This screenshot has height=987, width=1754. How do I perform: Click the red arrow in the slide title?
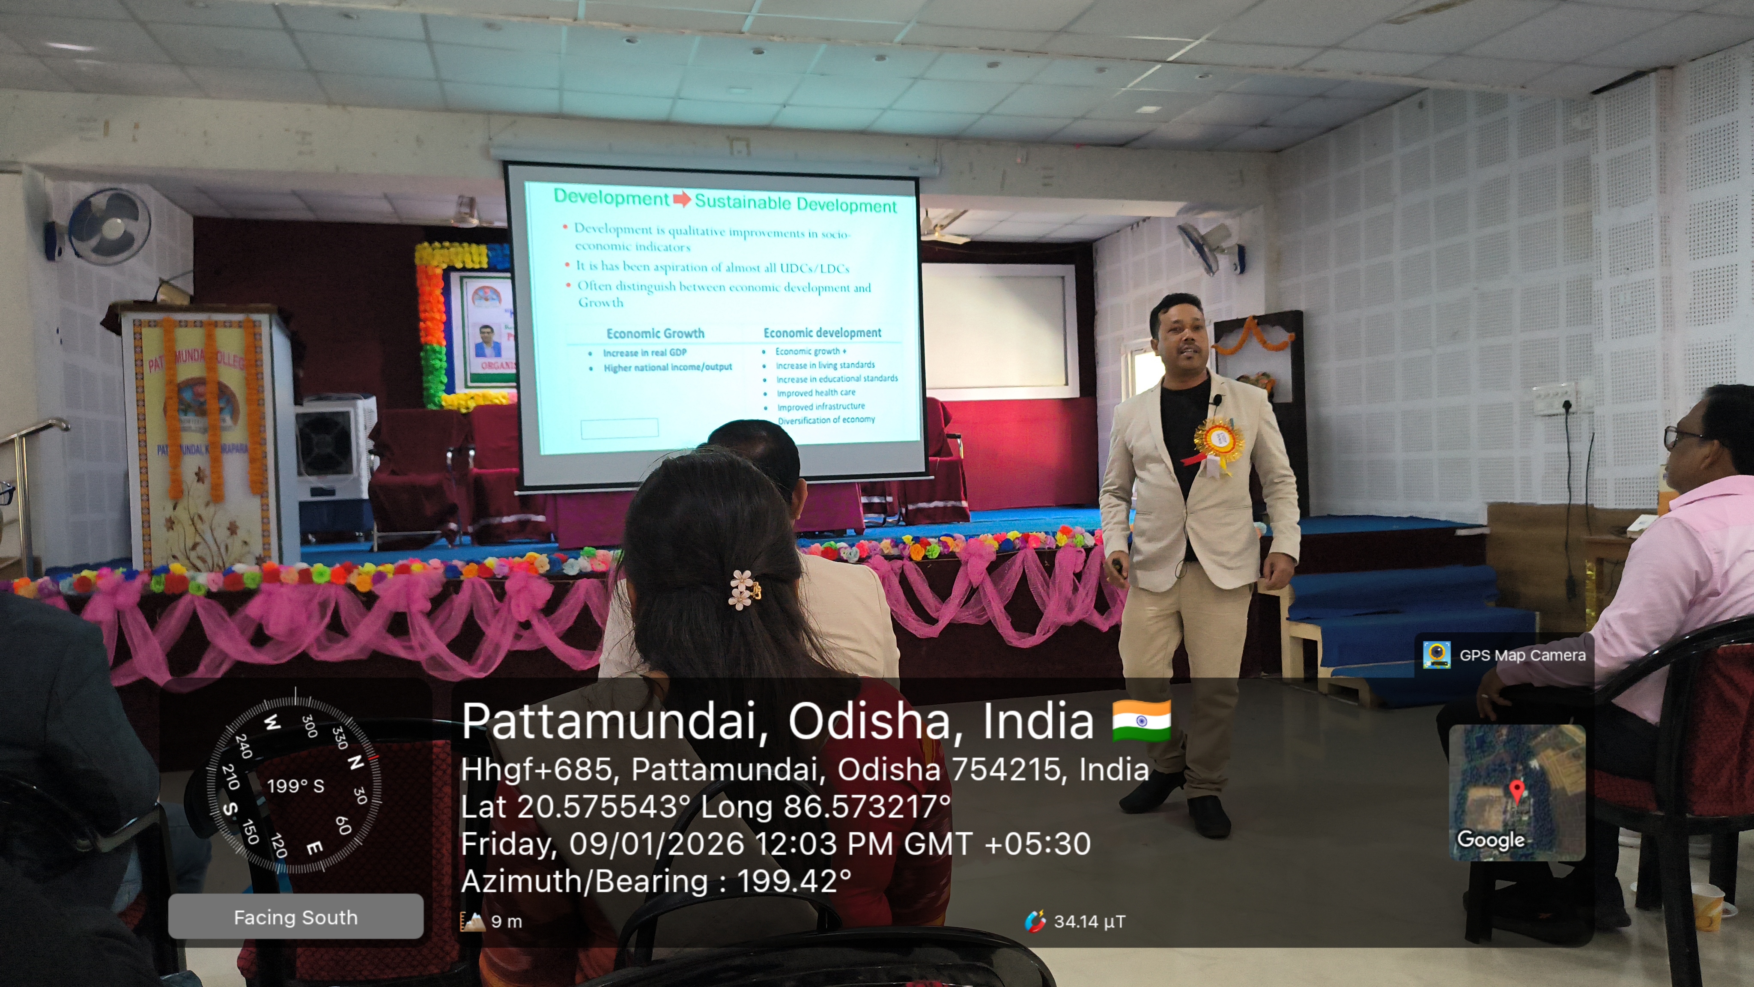[x=682, y=200]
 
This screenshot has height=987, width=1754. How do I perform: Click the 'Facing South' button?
[x=295, y=917]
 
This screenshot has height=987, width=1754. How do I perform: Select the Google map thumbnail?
[x=1517, y=792]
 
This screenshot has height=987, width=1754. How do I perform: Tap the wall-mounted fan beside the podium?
[x=109, y=227]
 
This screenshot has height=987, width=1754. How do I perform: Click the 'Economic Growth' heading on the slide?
[x=655, y=333]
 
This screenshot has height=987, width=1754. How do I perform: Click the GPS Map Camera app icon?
[x=1436, y=655]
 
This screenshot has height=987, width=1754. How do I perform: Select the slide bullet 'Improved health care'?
[x=816, y=392]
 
